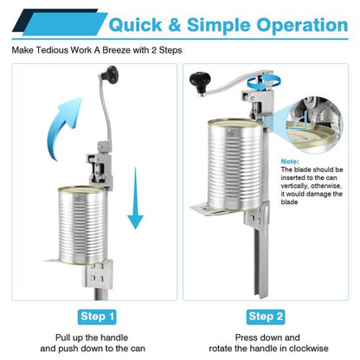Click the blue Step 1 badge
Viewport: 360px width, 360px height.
tap(97, 317)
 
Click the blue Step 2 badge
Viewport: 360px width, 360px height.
tap(266, 317)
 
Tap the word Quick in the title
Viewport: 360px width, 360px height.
tap(135, 25)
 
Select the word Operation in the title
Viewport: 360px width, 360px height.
tap(302, 25)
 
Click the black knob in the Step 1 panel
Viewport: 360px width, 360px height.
tap(110, 74)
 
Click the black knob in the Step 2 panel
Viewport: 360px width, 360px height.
tap(200, 81)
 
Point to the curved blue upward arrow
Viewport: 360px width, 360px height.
tap(65, 127)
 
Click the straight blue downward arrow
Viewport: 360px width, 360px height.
tap(135, 198)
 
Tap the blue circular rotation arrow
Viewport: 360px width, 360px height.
tap(263, 82)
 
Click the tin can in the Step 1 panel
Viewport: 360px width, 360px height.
tap(83, 225)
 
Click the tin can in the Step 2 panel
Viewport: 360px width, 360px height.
tap(235, 164)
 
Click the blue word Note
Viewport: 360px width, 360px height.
tap(290, 162)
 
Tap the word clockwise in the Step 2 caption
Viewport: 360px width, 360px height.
tap(308, 348)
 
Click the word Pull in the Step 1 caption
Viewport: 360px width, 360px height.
tap(62, 337)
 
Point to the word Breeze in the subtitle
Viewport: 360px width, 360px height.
tap(116, 50)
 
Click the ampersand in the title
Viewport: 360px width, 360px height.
tap(174, 25)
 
